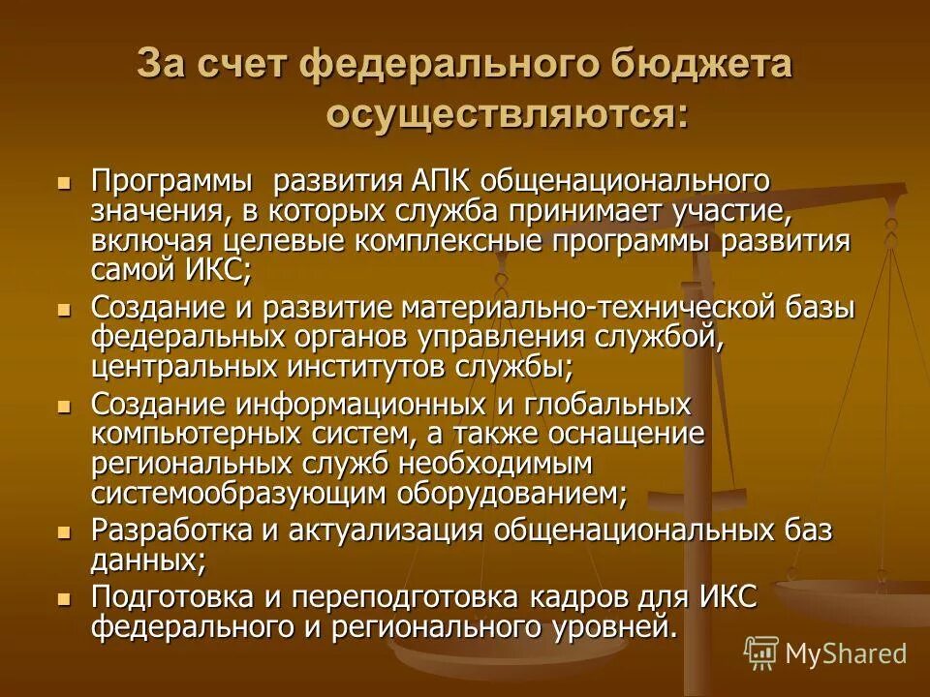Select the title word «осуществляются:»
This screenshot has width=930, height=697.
(x=508, y=115)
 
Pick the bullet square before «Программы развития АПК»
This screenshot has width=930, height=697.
(x=65, y=182)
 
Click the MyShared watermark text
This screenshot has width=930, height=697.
(x=846, y=653)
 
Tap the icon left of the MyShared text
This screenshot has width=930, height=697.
(x=761, y=653)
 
